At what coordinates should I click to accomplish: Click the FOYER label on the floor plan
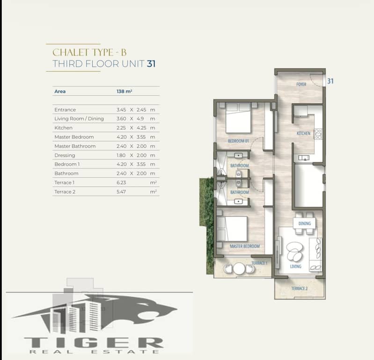tap(301, 84)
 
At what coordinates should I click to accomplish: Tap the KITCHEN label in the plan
tap(303, 133)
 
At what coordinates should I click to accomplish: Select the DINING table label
tap(305, 223)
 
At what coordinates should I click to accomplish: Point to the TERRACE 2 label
tap(300, 288)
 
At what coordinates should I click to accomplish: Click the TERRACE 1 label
tap(259, 263)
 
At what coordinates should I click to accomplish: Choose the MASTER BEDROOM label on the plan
tap(245, 246)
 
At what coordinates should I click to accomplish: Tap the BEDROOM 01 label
tap(238, 141)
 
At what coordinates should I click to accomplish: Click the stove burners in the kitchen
tap(318, 134)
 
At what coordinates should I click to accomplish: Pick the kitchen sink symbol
tap(304, 158)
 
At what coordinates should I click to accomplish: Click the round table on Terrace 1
tap(239, 269)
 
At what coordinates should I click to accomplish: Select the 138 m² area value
tap(124, 91)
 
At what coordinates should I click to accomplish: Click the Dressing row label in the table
tap(65, 155)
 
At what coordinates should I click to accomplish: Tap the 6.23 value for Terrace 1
tap(121, 182)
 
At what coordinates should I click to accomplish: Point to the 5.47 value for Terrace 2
tap(121, 192)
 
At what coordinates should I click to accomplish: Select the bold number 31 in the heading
tap(151, 64)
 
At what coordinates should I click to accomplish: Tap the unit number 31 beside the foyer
tap(330, 81)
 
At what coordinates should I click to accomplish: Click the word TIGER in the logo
tap(94, 343)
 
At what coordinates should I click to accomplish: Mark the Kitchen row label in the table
tap(64, 128)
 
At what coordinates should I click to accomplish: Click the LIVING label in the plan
tap(295, 266)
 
